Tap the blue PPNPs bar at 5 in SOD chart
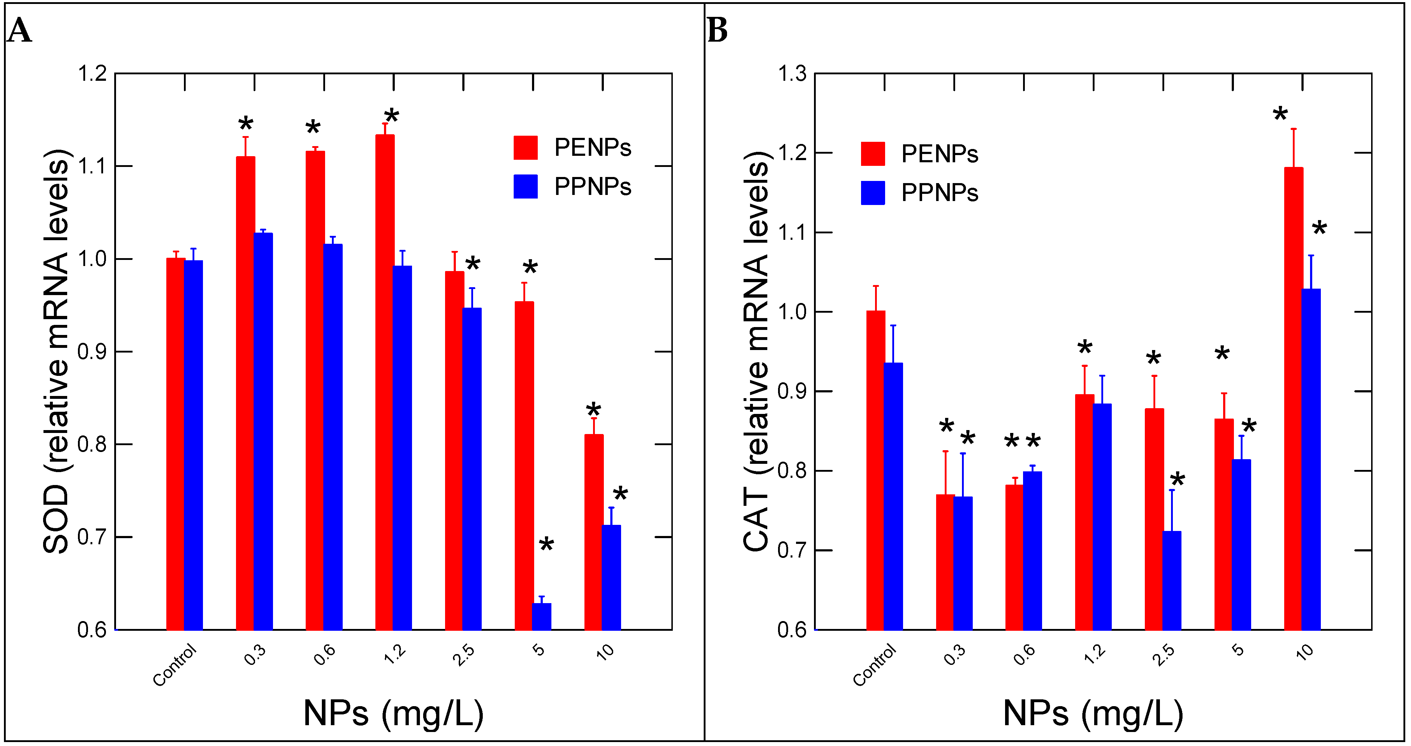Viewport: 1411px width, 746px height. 541,616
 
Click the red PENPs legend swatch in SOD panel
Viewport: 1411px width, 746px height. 525,148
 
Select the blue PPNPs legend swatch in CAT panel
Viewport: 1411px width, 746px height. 873,193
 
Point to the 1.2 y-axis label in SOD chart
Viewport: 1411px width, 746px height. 92,73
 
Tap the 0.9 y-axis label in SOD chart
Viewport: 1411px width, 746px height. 92,351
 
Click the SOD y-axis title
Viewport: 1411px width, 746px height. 56,351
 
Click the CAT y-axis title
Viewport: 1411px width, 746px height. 757,351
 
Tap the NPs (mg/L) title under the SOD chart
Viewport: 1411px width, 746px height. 393,713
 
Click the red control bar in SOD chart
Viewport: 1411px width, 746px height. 175,443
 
